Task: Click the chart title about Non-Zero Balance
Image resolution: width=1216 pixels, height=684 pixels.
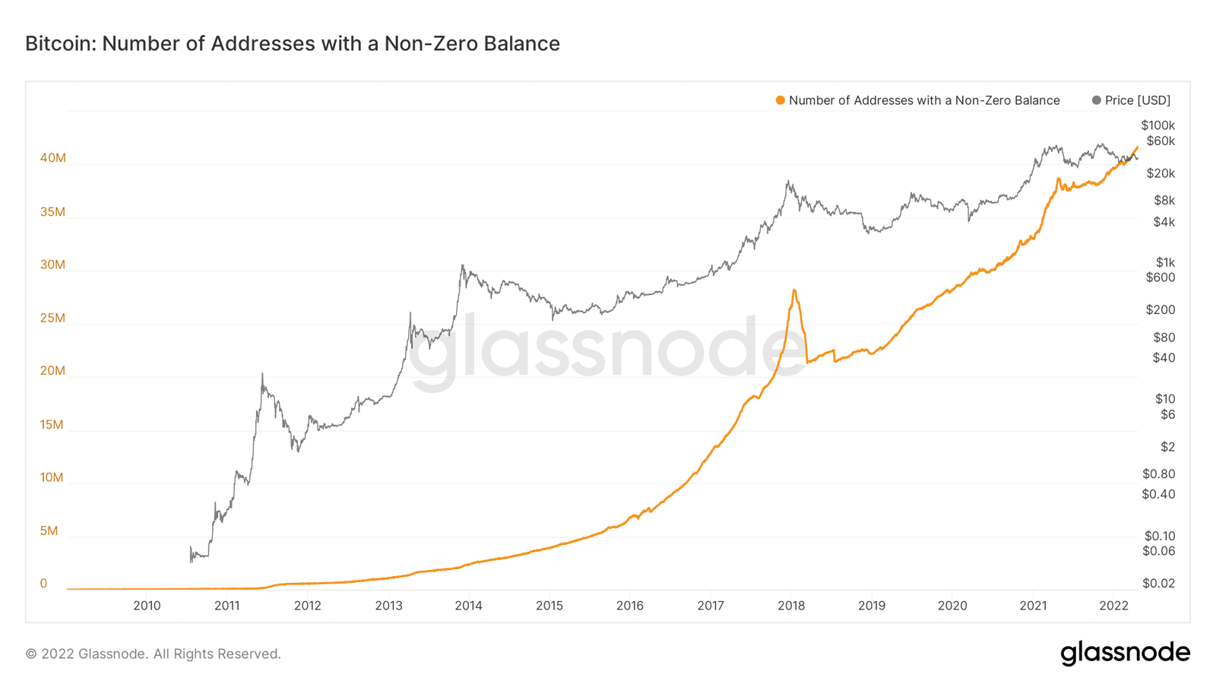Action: coord(293,44)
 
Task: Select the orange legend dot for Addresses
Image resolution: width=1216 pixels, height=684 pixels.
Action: coord(780,100)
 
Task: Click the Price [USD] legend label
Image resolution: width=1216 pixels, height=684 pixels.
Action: coord(1137,100)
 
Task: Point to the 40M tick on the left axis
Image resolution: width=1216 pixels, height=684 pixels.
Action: coord(53,158)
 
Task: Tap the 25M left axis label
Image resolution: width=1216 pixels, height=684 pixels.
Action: coord(53,318)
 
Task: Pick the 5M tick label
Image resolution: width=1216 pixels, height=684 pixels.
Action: coord(49,530)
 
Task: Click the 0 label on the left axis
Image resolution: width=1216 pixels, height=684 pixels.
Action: coord(43,584)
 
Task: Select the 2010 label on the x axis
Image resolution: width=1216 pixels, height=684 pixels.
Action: coord(147,606)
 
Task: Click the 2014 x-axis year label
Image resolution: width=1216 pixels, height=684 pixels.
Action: coord(468,606)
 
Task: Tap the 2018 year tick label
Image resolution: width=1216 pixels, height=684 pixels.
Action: coord(791,606)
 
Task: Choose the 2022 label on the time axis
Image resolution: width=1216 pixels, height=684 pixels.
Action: coord(1113,606)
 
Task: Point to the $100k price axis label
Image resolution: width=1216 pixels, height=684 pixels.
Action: coord(1157,125)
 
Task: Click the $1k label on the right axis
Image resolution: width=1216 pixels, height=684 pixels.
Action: coord(1165,262)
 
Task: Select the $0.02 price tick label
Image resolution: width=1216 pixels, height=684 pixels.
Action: coord(1158,584)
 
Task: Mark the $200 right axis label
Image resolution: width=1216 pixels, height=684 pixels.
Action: coord(1160,309)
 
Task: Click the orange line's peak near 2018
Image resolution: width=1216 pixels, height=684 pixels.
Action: coord(794,290)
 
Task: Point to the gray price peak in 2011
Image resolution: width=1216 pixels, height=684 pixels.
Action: coord(262,374)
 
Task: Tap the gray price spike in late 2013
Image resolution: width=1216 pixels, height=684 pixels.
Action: coord(462,266)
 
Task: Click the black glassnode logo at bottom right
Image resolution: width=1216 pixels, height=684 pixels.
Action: coord(1125,653)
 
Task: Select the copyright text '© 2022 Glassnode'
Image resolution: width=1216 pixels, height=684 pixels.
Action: coord(153,654)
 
